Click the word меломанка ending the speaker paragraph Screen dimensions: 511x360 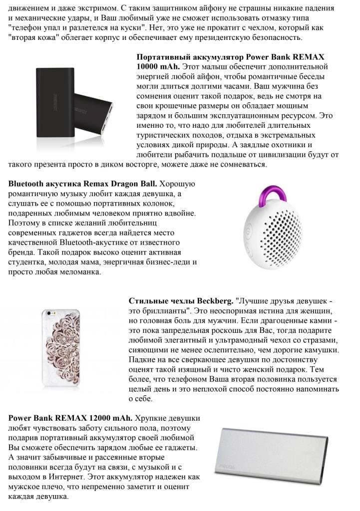tap(78, 272)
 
